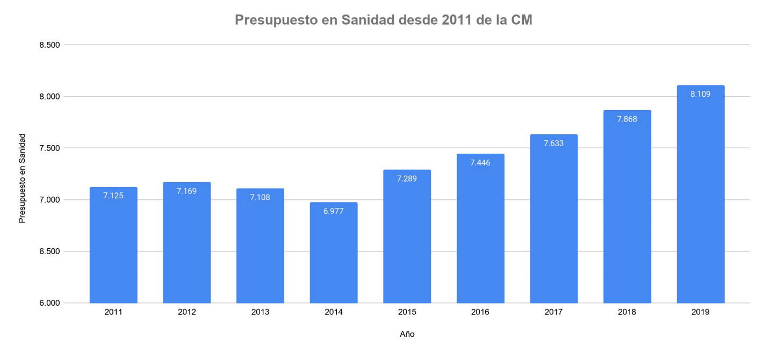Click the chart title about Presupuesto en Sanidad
coord(383,20)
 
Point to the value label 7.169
coord(186,191)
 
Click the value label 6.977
coord(334,211)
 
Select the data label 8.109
coord(700,94)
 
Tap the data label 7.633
coord(553,143)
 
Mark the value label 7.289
coord(407,178)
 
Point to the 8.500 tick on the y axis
coord(49,45)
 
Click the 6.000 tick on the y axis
coord(49,303)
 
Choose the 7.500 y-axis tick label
coord(49,148)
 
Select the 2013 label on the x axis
coord(260,312)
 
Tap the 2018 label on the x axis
coord(627,312)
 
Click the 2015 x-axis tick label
coord(407,312)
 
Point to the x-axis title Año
coord(407,334)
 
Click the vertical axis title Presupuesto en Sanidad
coord(22,178)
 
